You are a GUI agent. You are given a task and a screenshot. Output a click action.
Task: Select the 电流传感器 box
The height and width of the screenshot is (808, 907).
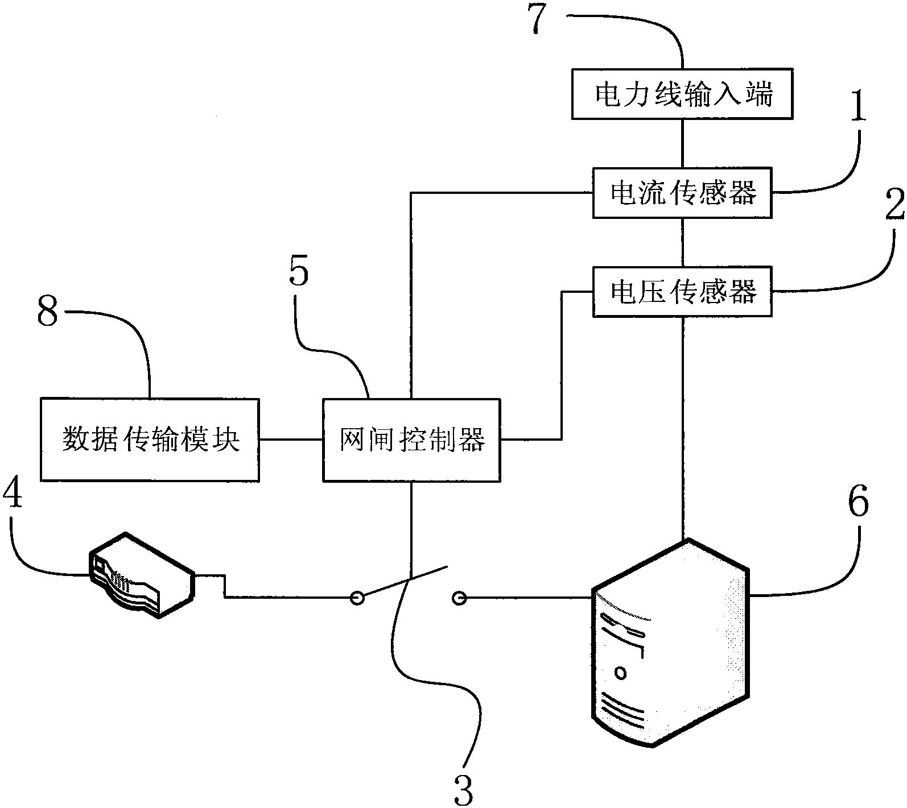point(682,193)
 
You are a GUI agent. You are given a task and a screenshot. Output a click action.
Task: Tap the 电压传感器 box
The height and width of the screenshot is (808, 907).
point(682,291)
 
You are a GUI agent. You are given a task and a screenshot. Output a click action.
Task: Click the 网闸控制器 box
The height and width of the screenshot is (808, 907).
point(411,440)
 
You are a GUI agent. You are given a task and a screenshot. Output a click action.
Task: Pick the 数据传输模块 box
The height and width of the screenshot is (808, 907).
point(150,440)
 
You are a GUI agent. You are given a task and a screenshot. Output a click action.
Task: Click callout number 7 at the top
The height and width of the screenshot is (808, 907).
point(542,20)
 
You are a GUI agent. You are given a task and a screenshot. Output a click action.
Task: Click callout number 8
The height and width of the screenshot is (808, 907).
point(47,313)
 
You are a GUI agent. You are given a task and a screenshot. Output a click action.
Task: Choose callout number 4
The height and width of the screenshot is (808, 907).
point(13,496)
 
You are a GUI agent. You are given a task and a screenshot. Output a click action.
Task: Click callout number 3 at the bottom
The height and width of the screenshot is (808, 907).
point(464,790)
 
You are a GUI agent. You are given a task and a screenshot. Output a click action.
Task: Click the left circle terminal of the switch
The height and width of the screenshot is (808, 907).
point(357,598)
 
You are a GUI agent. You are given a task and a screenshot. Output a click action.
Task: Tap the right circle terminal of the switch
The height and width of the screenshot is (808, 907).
point(459,598)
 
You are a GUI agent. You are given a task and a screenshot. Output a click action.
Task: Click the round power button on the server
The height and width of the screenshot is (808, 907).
point(620,673)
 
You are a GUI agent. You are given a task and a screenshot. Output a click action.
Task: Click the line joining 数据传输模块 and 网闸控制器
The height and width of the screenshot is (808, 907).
point(291,439)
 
